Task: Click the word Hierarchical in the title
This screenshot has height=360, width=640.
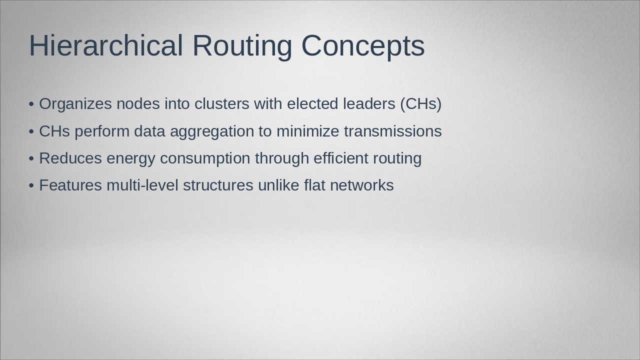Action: point(106,45)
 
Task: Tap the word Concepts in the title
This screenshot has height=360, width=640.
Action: point(363,45)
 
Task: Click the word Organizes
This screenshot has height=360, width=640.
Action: point(75,104)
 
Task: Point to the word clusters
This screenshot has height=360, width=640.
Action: point(222,104)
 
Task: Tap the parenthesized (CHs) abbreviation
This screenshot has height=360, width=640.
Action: point(420,104)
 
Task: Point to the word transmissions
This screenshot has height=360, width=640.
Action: point(393,131)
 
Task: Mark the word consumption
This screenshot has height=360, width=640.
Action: point(205,158)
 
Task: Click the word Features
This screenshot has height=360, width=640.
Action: point(70,185)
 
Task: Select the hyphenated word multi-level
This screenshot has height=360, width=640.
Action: point(142,185)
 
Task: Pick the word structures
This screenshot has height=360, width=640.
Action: point(218,185)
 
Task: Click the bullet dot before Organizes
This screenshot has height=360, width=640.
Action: point(31,104)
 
